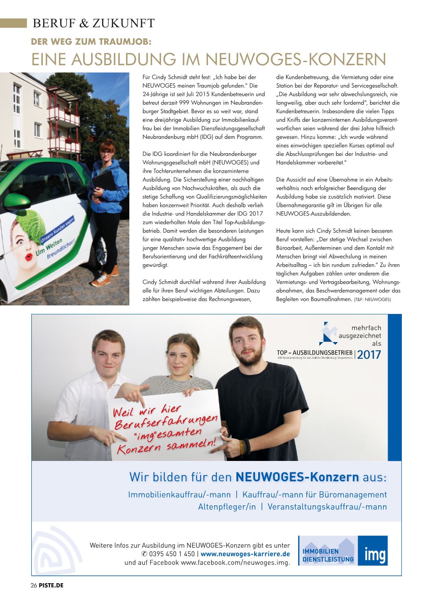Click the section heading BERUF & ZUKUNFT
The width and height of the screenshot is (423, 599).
pyautogui.click(x=94, y=24)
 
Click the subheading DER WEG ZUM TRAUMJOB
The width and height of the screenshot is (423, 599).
pyautogui.click(x=91, y=42)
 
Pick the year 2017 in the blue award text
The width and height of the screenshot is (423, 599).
pyautogui.click(x=369, y=355)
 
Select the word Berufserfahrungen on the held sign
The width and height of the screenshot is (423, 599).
pyautogui.click(x=166, y=421)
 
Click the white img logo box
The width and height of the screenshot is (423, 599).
pyautogui.click(x=373, y=551)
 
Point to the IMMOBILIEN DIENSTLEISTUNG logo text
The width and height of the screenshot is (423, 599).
pyautogui.click(x=328, y=555)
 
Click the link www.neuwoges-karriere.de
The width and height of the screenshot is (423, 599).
pyautogui.click(x=245, y=554)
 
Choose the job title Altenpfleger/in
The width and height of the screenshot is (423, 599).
pyautogui.click(x=227, y=507)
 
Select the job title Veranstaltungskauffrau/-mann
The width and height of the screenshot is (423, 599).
pyautogui.click(x=327, y=507)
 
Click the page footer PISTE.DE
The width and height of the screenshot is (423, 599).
pyautogui.click(x=51, y=586)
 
